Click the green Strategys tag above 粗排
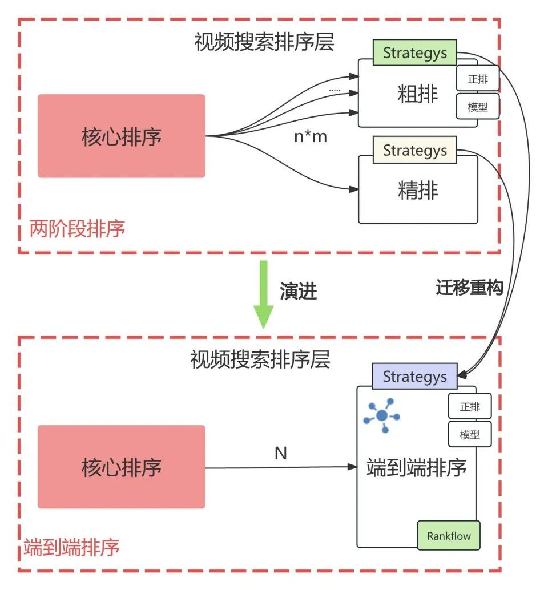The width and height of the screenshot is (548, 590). [x=414, y=53]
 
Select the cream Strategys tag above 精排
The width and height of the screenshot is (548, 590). [x=414, y=151]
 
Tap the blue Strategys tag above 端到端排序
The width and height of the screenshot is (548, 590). [x=414, y=377]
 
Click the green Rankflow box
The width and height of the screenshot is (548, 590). [x=449, y=536]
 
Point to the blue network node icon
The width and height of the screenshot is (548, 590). [x=382, y=415]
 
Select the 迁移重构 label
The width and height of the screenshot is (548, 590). [x=469, y=288]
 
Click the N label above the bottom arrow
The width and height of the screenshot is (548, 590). [x=281, y=454]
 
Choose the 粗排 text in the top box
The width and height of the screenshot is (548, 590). [x=418, y=95]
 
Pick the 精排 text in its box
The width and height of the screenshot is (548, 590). [x=418, y=191]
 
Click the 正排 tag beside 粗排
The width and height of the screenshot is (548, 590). [x=478, y=79]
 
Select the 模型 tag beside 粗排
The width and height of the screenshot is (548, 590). [x=478, y=107]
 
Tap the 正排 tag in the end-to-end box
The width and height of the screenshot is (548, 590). [x=470, y=407]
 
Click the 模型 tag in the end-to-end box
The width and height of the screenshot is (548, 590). [x=470, y=435]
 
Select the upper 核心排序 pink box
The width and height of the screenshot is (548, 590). [x=121, y=136]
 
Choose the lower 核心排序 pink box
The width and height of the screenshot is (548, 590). [x=121, y=467]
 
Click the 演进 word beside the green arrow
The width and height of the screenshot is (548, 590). [x=298, y=292]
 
